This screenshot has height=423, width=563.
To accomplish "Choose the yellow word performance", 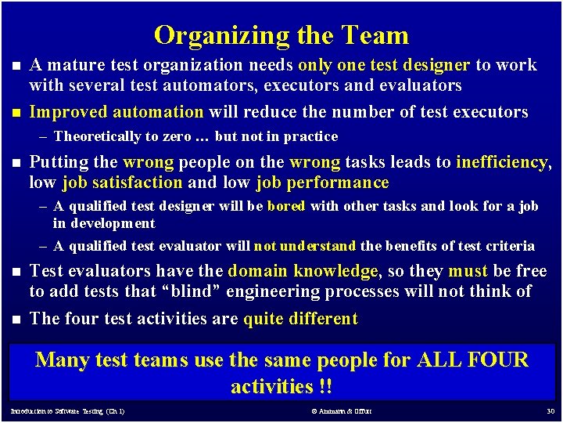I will (343, 183).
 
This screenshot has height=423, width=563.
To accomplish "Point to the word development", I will (113, 223).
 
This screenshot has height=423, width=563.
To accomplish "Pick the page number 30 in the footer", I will (550, 411).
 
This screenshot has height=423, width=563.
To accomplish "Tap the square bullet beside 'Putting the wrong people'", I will (14, 163).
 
